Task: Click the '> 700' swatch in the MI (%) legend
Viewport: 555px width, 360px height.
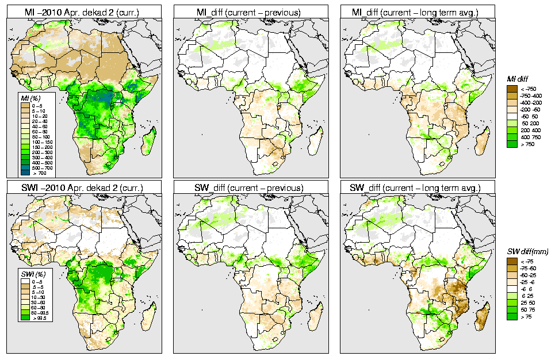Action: coord(25,173)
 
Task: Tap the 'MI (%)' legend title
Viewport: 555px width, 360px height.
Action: coord(29,99)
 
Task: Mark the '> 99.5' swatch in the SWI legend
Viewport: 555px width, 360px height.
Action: coord(25,317)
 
